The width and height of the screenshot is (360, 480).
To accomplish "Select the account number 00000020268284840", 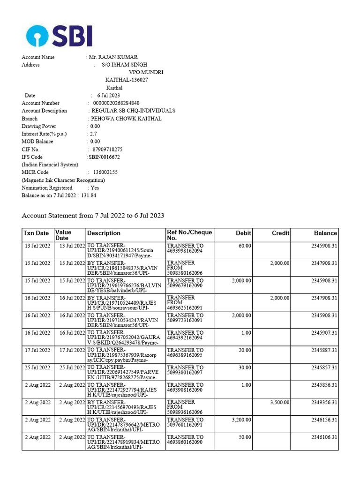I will tap(116, 103).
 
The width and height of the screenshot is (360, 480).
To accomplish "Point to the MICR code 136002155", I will tap(105, 172).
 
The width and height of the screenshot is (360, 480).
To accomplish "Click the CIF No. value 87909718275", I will tap(107, 150).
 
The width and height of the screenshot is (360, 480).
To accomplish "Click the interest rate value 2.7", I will tap(94, 134).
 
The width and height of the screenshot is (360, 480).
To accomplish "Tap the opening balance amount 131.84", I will tap(89, 195).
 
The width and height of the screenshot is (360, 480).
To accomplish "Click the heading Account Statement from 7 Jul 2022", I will tap(93, 216).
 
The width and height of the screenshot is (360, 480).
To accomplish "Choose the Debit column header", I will tap(243, 233).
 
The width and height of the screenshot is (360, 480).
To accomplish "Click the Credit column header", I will tap(280, 233).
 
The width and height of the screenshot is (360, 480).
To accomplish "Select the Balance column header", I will tap(325, 233).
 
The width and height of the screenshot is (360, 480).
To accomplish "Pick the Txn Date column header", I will tap(36, 233).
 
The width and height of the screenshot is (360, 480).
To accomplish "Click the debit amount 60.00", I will tap(245, 246).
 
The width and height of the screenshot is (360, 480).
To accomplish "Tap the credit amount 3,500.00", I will tap(279, 402).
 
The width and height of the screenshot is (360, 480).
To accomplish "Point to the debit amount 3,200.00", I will tap(241, 420).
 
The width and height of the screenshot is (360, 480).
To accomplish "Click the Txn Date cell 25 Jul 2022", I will tap(37, 367).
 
